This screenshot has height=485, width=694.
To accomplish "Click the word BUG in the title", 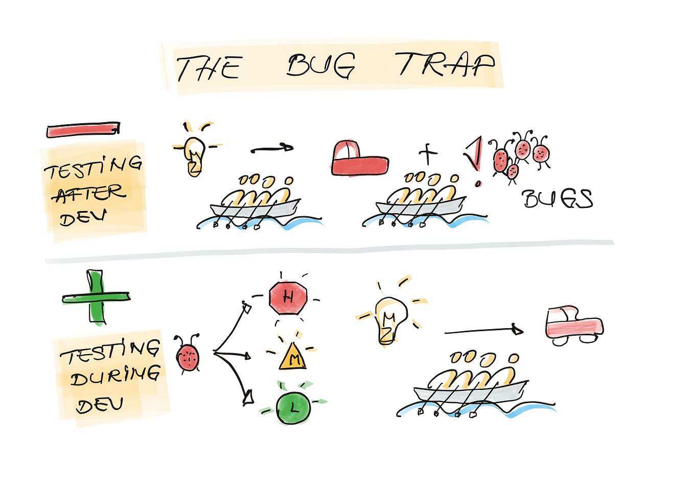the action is point(320,65).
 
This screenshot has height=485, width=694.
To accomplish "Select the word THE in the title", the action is point(209,68).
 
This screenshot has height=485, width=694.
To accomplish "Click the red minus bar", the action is point(83,129).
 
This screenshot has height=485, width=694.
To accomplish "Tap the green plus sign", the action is point(96,298).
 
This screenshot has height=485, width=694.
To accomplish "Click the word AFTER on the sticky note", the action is point(90,193).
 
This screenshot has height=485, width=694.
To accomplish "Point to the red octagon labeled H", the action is point(288,298).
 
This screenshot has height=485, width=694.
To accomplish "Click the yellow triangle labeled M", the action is point(292,357).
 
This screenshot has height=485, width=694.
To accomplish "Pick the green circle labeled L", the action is point(293,408).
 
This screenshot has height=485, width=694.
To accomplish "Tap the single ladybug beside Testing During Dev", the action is point(188,354).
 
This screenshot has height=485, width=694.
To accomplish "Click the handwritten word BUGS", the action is point(558,199).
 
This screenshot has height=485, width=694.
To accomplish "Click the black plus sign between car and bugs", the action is point(428,153).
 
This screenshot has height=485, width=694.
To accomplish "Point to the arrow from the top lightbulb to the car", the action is point(272,149).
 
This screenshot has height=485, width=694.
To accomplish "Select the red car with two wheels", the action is point(574,326).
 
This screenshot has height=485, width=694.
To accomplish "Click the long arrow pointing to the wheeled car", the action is point(484,331).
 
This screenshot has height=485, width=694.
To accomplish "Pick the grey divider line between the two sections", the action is point(330,251).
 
